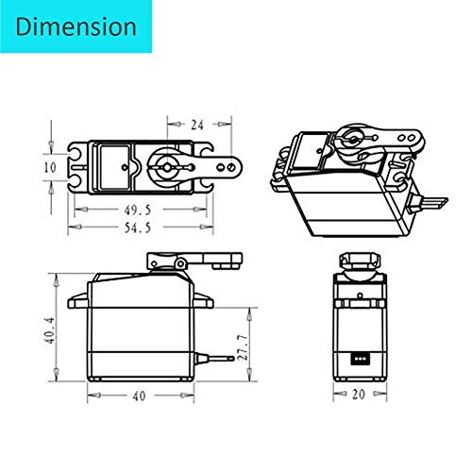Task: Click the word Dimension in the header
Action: point(76,26)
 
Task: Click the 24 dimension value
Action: point(197,125)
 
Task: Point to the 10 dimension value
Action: point(50,167)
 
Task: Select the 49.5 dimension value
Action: point(138,211)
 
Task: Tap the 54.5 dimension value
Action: point(138,228)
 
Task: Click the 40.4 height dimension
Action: point(50,330)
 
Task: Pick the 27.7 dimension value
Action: point(244,347)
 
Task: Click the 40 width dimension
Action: point(139,396)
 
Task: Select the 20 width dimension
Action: point(359,395)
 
